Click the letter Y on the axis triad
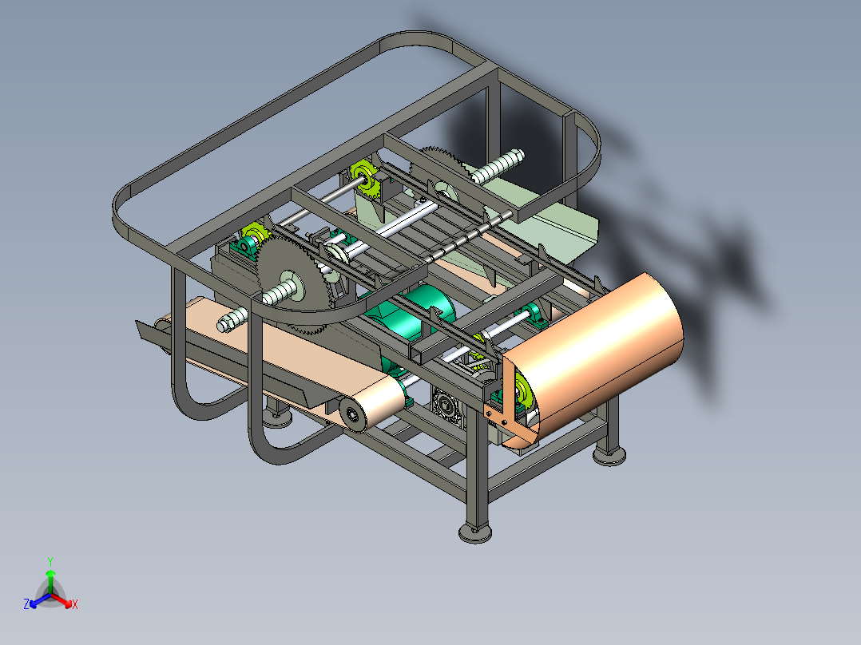50,561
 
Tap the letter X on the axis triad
75,604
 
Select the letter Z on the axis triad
26,603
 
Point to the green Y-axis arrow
50,581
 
